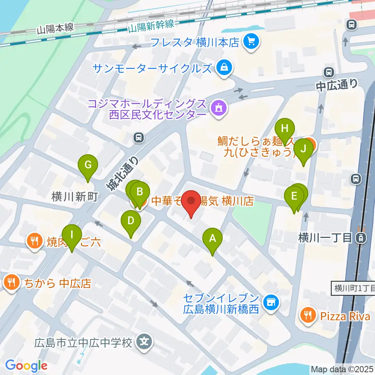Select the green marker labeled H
284,129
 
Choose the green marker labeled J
304,149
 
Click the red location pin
191,201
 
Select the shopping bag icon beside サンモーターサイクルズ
225,68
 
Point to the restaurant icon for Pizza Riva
308,315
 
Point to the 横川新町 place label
74,197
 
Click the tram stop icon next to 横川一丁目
362,237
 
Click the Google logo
26,366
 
